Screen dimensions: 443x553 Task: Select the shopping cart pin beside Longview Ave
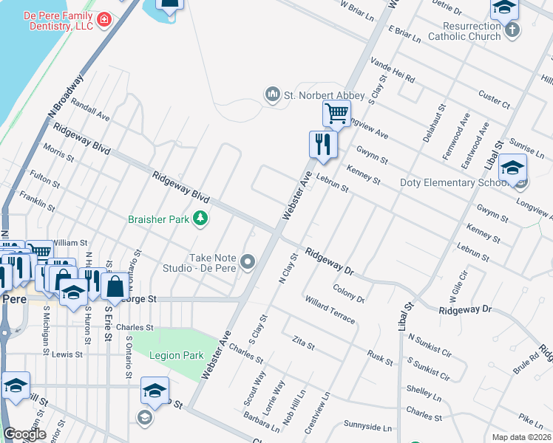[336, 115]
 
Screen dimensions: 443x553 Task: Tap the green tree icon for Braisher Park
[200, 218]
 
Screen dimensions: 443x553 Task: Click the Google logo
[24, 434]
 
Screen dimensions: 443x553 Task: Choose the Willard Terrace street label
[330, 309]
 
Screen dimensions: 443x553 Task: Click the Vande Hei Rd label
[393, 72]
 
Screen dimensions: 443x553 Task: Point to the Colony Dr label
[349, 294]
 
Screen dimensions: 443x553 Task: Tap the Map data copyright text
[520, 437]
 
